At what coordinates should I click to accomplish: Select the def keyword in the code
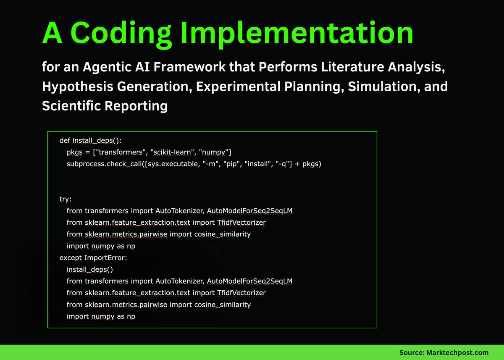click(65, 141)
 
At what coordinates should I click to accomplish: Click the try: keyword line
click(66, 199)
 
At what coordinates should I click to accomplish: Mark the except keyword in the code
click(72, 258)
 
